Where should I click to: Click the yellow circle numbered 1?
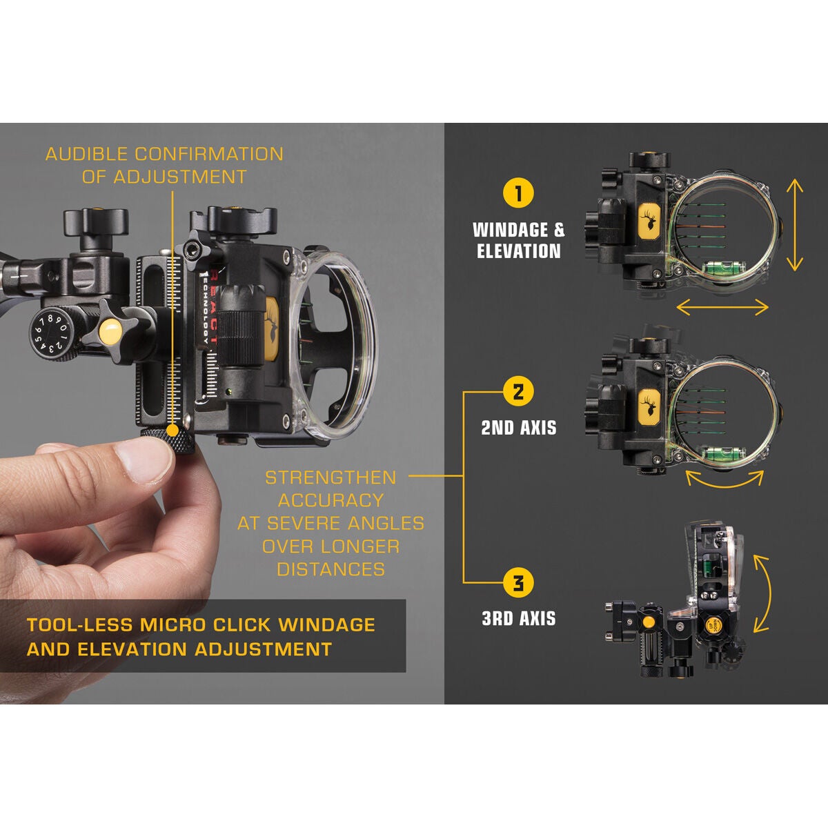[x=518, y=193]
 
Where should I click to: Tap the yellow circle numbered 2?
[x=518, y=392]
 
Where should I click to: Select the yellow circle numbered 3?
[x=518, y=583]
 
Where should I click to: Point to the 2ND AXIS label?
[x=518, y=428]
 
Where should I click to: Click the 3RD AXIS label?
[x=518, y=618]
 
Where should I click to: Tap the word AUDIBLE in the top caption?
[x=86, y=154]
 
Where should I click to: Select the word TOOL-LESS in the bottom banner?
[x=79, y=625]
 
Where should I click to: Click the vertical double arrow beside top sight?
[x=795, y=224]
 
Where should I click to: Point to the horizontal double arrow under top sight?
[x=722, y=307]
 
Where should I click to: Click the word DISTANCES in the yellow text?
[x=331, y=569]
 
